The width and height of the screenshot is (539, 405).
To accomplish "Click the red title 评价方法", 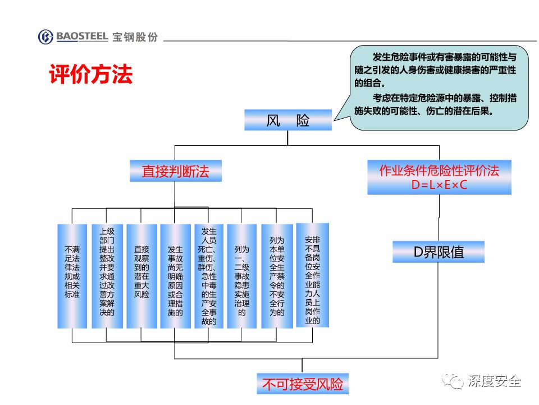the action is (x=91, y=74).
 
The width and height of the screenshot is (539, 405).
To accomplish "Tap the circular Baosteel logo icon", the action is (x=45, y=37).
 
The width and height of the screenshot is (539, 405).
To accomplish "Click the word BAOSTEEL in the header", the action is (x=82, y=36).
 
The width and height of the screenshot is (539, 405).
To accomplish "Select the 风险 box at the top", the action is (x=288, y=120).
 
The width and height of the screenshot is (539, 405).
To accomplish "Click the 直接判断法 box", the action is (x=176, y=171).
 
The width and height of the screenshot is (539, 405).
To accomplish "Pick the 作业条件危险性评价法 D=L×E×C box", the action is (x=439, y=177).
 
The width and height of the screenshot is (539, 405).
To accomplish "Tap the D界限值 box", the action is (x=438, y=252).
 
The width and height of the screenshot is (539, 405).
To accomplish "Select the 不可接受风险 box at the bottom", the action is (x=303, y=384).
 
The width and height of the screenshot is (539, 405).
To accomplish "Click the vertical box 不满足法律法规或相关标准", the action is (x=72, y=276).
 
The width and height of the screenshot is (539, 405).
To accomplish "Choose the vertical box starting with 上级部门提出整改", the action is (x=107, y=276).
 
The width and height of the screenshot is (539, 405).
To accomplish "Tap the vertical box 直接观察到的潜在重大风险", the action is (x=141, y=276).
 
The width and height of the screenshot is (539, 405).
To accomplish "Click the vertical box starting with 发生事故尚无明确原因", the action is (x=175, y=276).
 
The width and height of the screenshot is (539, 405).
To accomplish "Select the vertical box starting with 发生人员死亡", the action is (x=209, y=276).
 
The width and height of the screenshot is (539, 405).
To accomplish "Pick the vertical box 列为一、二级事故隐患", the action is (x=241, y=276).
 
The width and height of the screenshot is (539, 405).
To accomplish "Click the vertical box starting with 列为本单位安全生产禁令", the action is (x=277, y=276).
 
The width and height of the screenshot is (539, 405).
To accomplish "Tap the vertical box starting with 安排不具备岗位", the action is (x=313, y=275).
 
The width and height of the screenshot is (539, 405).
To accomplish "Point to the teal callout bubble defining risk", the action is (x=439, y=88).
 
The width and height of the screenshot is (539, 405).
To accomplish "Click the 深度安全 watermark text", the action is (x=494, y=381).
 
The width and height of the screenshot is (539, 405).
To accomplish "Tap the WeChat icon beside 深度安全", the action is (x=453, y=381).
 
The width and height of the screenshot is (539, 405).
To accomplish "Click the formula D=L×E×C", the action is (x=439, y=185).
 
